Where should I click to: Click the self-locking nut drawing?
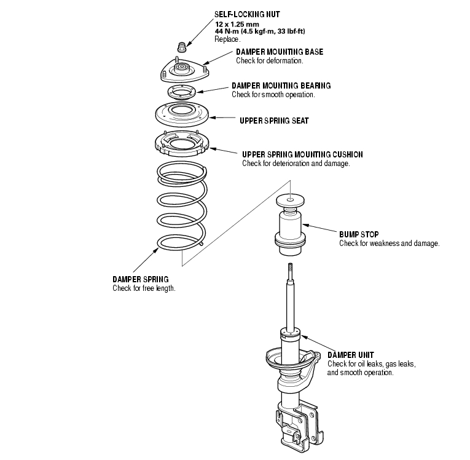point(181,48)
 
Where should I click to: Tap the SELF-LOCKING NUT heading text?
point(246,14)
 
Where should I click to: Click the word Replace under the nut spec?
point(227,39)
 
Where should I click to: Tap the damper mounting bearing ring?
point(181,93)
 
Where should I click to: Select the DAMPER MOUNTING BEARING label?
point(281,85)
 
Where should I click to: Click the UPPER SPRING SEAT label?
point(274,121)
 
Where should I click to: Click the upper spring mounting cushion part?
point(181,145)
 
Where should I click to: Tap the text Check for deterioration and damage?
point(296,164)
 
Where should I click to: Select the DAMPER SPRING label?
point(140,279)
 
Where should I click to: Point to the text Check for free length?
point(144,288)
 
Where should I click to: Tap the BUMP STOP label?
point(359,234)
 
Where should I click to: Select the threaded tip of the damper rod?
point(289,269)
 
